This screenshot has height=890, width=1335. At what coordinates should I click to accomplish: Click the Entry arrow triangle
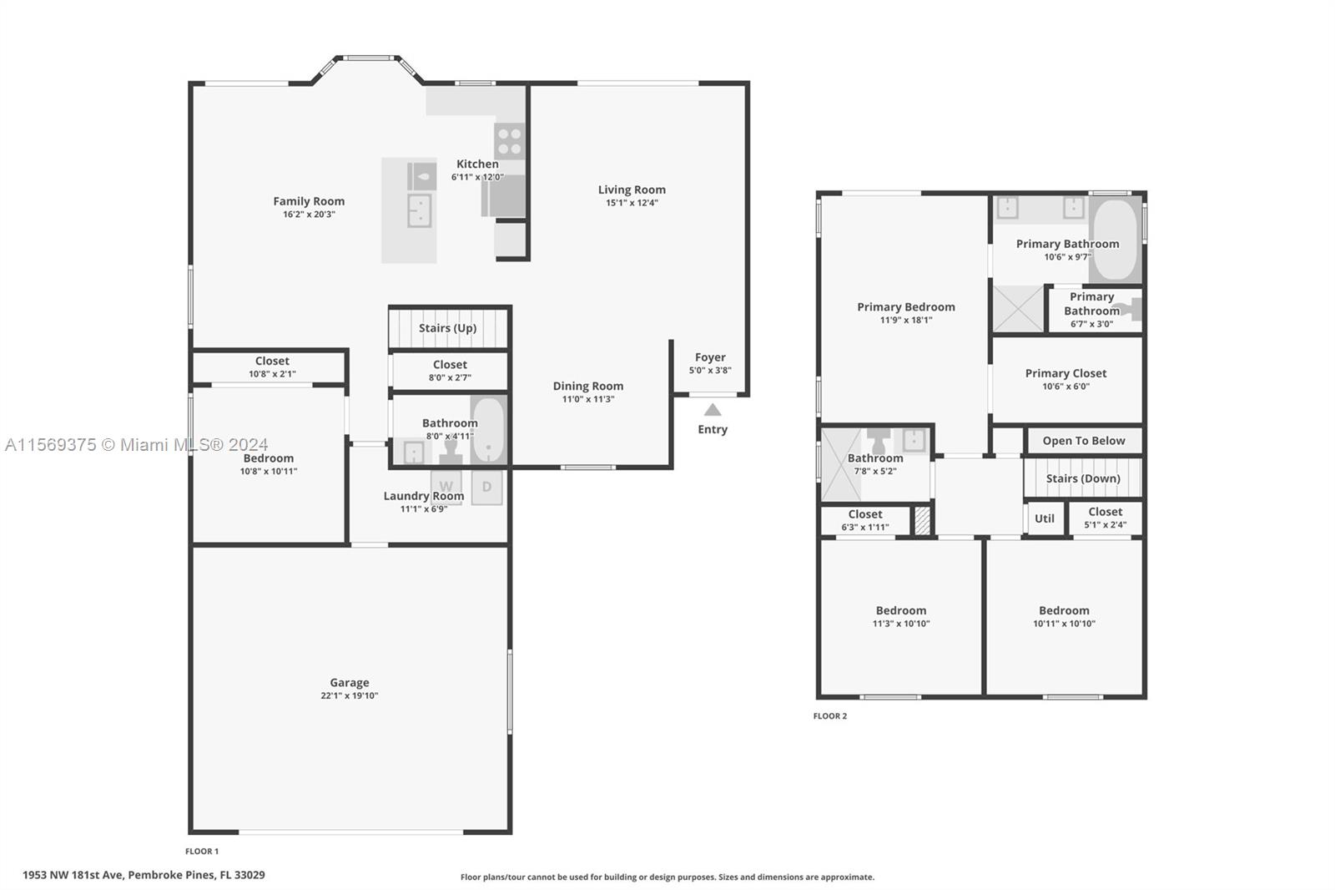point(713,410)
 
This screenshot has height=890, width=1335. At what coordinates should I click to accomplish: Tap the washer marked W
point(446,488)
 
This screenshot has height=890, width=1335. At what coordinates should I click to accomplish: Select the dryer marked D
point(487,488)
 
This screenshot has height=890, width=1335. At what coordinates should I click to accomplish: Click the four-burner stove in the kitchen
point(510,141)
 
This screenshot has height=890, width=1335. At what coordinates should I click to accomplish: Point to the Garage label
point(350,682)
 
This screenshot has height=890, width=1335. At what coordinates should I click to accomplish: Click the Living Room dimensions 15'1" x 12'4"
point(632,203)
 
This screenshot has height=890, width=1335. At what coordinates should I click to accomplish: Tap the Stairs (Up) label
point(447,328)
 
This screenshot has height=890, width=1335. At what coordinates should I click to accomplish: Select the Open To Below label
point(1084,441)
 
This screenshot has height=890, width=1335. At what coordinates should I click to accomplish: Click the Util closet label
point(1044,518)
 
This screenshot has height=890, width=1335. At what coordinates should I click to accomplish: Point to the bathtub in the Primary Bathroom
point(1115,240)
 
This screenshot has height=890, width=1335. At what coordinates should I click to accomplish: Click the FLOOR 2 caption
point(829,716)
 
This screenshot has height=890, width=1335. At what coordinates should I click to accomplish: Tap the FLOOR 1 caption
point(201,852)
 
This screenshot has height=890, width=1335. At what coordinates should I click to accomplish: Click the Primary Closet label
point(1065,373)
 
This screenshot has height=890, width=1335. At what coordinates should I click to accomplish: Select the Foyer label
point(710,357)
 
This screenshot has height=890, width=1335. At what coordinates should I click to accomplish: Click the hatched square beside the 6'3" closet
point(922,520)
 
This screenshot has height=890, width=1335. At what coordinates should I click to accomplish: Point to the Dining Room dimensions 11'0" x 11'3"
point(587,399)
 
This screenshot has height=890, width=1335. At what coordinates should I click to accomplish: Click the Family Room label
point(309,201)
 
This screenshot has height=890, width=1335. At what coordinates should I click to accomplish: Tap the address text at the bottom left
point(144,875)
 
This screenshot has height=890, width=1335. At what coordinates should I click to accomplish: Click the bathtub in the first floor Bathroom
point(488,430)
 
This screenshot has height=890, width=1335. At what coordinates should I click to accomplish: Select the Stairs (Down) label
point(1083,478)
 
